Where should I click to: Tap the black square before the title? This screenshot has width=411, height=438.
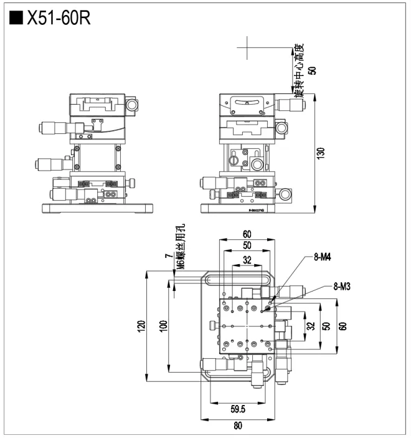[16, 18]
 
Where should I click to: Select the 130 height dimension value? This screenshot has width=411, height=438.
[321, 153]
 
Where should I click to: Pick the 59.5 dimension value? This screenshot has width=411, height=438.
[237, 409]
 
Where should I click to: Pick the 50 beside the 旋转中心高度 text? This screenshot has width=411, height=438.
[312, 70]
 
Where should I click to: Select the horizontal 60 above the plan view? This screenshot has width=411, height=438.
[247, 234]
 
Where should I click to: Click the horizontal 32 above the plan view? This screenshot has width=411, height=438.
[247, 260]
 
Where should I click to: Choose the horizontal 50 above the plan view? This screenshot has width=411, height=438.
[247, 246]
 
